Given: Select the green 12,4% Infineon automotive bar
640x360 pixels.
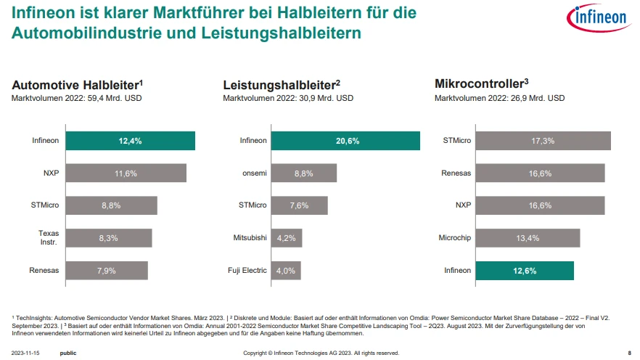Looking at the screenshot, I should pyautogui.click(x=131, y=141).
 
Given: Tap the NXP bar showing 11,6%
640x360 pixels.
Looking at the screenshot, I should pyautogui.click(x=126, y=173).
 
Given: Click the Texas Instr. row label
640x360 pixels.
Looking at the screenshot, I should pyautogui.click(x=49, y=237).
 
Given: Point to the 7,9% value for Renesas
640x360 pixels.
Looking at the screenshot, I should pyautogui.click(x=107, y=271).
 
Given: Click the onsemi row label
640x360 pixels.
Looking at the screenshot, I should pyautogui.click(x=253, y=173).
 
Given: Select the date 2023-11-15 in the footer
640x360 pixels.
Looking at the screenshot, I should pyautogui.click(x=26, y=353).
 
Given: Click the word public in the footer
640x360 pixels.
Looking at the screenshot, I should pyautogui.click(x=68, y=353).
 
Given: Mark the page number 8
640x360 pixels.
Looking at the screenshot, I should pyautogui.click(x=629, y=353).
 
